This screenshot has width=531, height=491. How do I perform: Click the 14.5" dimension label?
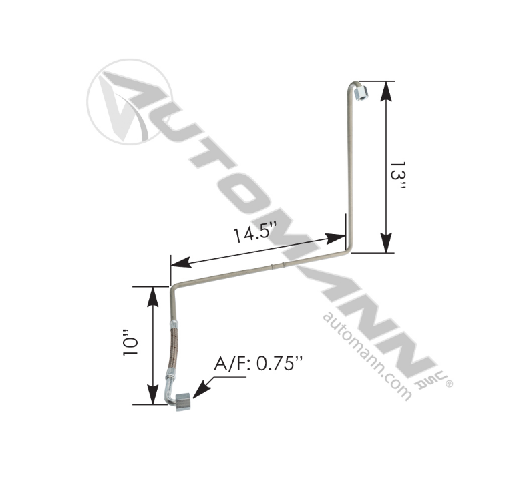[x=254, y=235]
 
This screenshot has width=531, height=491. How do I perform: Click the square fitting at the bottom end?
[x=182, y=402]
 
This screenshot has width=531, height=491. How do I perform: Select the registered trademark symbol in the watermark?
[x=449, y=384]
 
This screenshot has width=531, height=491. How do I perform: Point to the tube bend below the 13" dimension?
[x=346, y=250]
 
